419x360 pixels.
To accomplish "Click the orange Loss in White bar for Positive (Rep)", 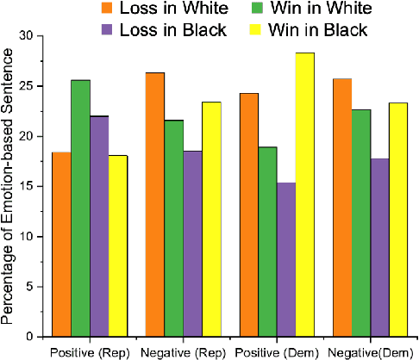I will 62,244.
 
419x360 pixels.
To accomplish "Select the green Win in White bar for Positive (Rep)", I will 81,208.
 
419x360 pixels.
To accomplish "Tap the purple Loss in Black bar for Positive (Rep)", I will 100,226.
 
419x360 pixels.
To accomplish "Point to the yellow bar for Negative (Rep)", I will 211,219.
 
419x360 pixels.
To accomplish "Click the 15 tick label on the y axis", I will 34,186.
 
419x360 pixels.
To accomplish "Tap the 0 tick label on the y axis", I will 37,336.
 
